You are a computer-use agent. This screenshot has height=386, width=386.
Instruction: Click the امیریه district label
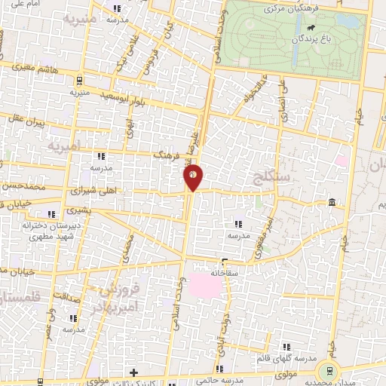pos(63,143)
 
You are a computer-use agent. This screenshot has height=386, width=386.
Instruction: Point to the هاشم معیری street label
pos(30,68)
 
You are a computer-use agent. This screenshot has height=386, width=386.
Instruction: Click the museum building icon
pos(332,201)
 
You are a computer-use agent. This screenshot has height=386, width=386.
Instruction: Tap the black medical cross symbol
pos(133,372)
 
